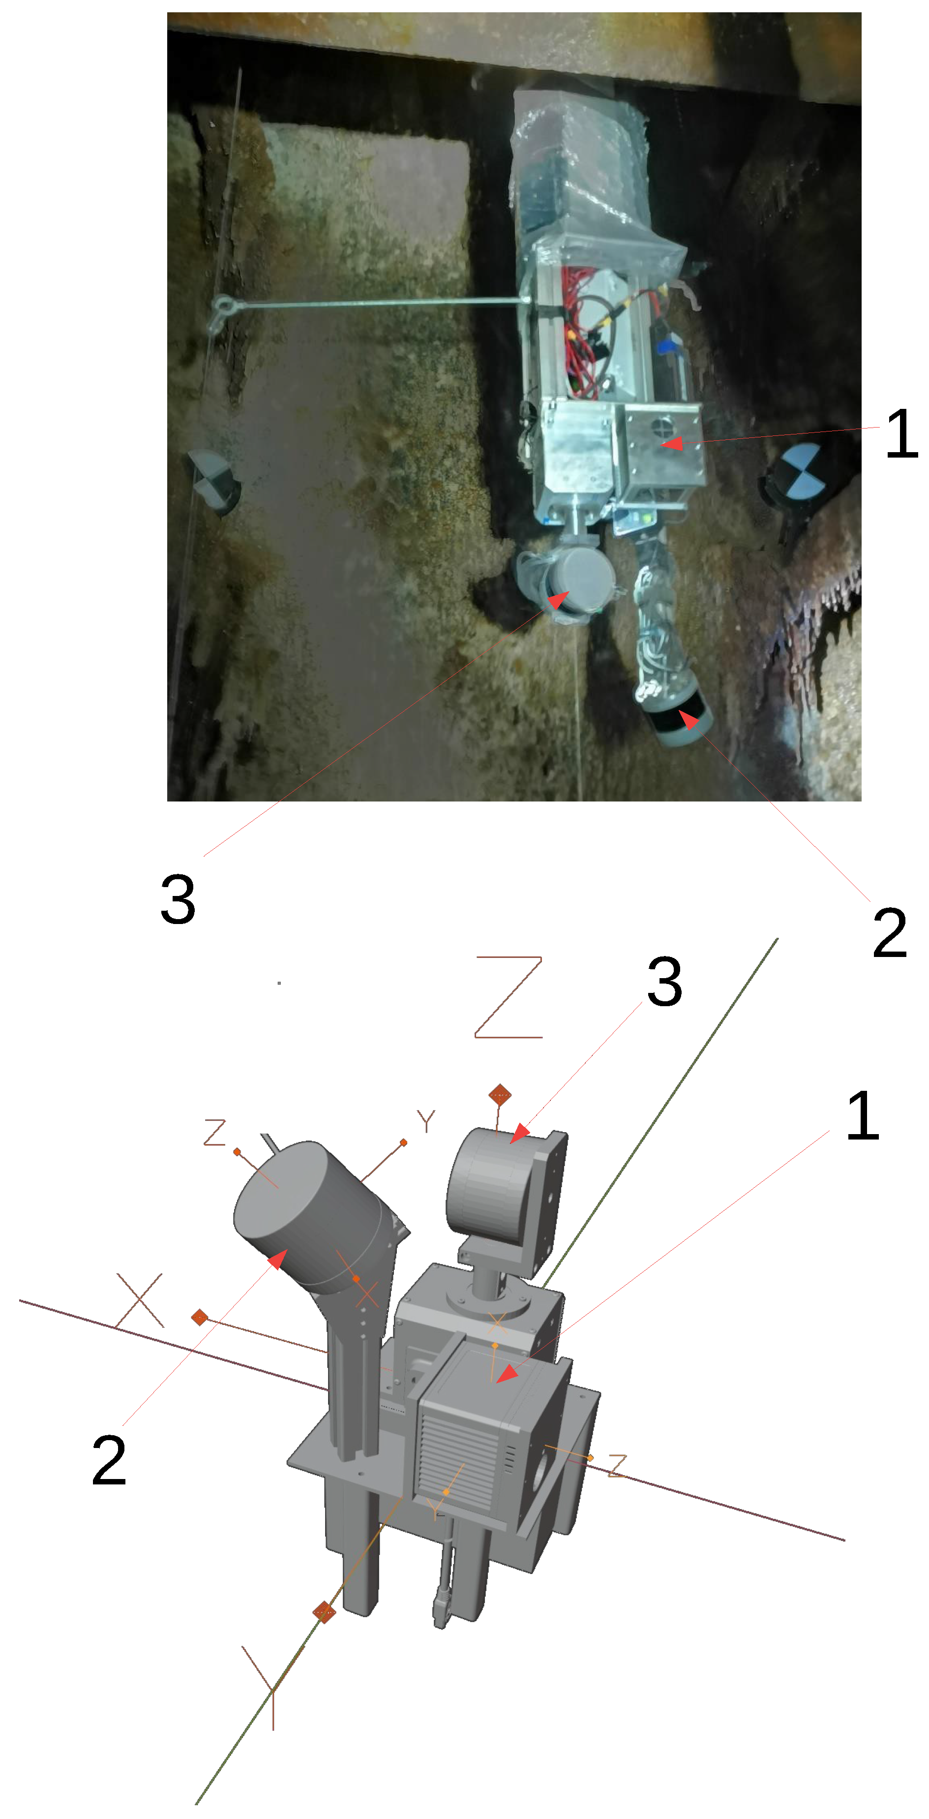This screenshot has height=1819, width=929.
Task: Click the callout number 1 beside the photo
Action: tap(901, 433)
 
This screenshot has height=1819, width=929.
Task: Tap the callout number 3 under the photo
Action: tap(178, 898)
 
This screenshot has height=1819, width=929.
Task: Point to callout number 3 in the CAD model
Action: tap(664, 982)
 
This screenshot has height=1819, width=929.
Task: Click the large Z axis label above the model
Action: tap(508, 997)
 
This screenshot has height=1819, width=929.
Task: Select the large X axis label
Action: tap(140, 1300)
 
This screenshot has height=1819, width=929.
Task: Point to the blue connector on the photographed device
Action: tap(666, 347)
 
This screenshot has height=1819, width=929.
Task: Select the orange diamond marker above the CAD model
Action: tap(500, 1095)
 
